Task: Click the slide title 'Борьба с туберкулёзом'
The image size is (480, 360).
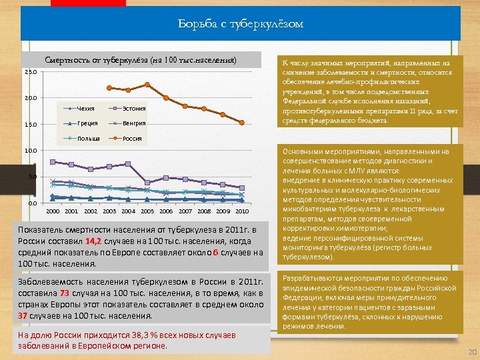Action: [x=241, y=24]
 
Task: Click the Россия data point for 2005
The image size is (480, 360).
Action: [x=147, y=85]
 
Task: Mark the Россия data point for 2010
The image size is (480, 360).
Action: [x=242, y=122]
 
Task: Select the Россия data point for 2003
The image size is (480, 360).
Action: [x=109, y=87]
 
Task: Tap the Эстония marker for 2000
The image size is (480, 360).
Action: [x=53, y=162]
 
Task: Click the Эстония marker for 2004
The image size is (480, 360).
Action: [x=128, y=164]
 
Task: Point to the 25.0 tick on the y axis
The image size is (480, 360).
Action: [x=31, y=72]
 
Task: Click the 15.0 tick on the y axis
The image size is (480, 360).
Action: [x=31, y=125]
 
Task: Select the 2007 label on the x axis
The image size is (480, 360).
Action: [x=185, y=211]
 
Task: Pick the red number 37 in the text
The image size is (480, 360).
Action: [x=23, y=315]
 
